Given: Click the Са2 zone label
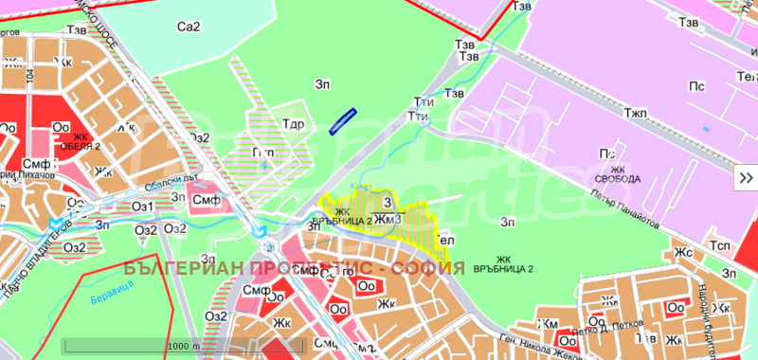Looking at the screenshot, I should point(189,27).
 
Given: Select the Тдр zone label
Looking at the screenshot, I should point(293,124).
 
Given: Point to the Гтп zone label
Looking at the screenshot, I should point(263,152).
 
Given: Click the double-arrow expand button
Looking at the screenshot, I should point(746,176).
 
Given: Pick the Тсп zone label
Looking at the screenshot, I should point(721,246).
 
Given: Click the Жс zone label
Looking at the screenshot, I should point(683,253).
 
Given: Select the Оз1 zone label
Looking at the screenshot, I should point(142,207).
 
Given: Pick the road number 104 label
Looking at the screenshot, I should point(31,76).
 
